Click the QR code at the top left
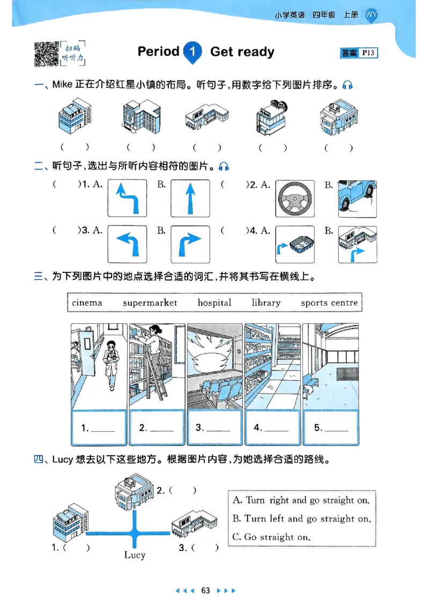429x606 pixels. pos(46,54)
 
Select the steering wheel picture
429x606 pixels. pos(294,198)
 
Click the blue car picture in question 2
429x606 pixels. pos(358,198)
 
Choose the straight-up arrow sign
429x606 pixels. pos(189,198)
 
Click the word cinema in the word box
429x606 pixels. pos(87,302)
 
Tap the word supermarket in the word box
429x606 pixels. pos(150,302)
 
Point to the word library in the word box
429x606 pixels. pos(266,302)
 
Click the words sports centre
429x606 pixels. pos(329,302)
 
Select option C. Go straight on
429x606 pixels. pos(272,536)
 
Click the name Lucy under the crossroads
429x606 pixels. pos(135,555)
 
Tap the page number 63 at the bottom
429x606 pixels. pos(205,591)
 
